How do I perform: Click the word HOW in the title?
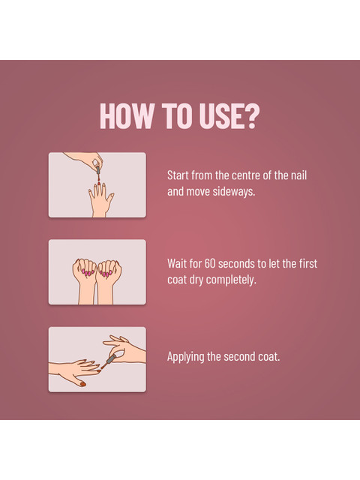point(127,116)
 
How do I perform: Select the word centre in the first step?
point(244,175)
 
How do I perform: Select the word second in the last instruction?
point(238,357)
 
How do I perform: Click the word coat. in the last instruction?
point(267,357)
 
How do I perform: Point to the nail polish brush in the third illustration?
point(108,361)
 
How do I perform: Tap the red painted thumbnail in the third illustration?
point(82,384)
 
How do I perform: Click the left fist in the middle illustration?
point(85,269)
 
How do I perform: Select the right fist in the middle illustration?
point(109,270)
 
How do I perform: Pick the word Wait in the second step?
point(175,263)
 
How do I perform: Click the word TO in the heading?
point(177,116)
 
